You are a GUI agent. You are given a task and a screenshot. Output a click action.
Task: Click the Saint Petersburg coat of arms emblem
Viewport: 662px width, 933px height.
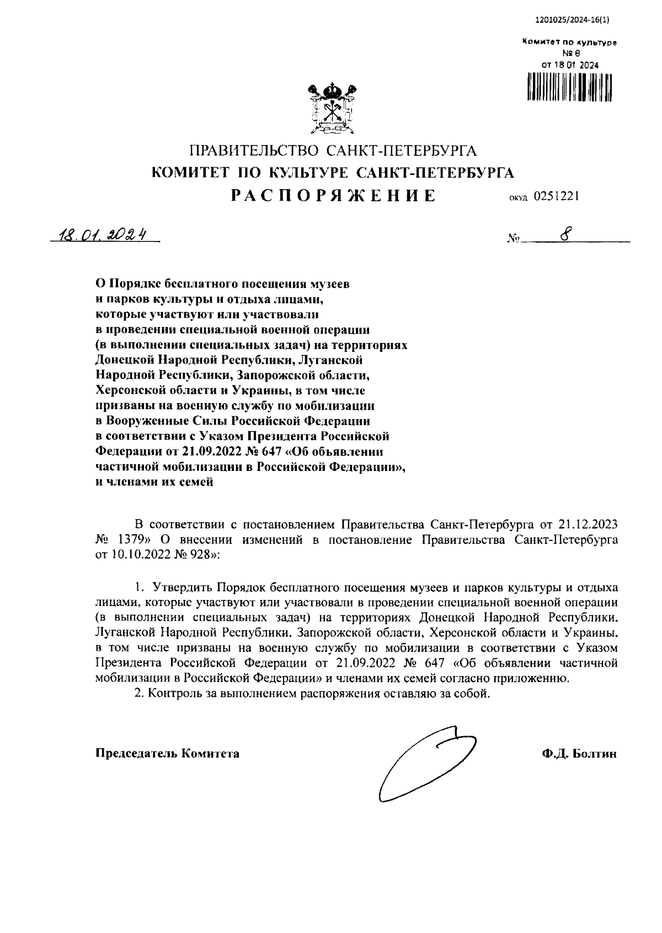pos(332,110)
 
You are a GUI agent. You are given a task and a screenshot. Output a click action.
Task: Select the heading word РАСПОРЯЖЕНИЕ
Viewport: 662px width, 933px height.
pos(333,196)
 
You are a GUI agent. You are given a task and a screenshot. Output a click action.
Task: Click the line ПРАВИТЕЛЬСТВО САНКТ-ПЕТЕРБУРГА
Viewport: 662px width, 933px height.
pos(333,151)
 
